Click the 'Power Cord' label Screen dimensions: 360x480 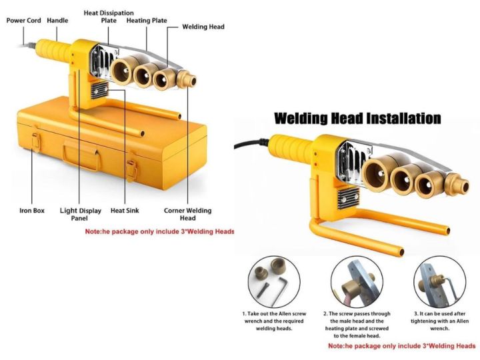click(x=23, y=21)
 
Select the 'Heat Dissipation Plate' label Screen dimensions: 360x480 click(x=108, y=17)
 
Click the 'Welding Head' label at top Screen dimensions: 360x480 click(x=203, y=27)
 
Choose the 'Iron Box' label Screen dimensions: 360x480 click(x=32, y=211)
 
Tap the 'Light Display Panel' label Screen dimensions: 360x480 click(x=81, y=215)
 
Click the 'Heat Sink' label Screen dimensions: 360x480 click(x=124, y=211)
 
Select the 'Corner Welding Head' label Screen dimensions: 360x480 click(x=187, y=215)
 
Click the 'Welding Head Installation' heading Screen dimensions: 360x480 click(x=357, y=119)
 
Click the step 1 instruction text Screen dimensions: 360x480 click(x=274, y=321)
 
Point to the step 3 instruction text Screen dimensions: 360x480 click(x=440, y=321)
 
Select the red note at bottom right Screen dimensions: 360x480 click(x=402, y=347)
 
